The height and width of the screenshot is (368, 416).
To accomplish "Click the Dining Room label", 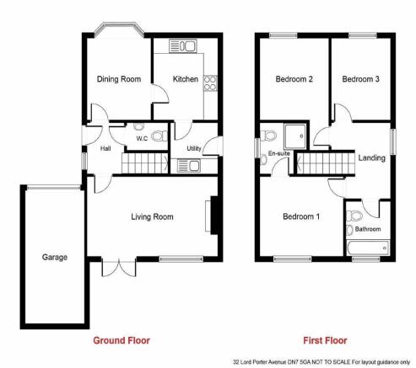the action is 119,79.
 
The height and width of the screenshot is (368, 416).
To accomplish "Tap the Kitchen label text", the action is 186,79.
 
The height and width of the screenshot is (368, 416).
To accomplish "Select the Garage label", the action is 55,257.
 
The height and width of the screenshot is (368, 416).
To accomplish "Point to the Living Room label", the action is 152,216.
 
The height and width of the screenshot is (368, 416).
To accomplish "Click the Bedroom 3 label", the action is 360,79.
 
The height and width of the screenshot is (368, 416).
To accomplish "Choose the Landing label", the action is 371,157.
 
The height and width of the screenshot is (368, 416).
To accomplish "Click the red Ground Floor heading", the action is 122,340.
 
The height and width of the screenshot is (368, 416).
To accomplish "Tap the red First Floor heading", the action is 325,340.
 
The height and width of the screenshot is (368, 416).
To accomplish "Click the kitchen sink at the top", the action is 183,46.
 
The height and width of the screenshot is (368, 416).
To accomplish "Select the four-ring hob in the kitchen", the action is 210,83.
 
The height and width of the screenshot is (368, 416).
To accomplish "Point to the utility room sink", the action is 189,165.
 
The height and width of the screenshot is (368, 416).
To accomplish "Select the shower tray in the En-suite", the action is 295,136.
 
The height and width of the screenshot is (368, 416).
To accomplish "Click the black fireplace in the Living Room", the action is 214,216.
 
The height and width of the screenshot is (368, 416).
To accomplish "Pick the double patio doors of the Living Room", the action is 119,267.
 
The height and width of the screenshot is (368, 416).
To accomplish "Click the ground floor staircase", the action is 146,163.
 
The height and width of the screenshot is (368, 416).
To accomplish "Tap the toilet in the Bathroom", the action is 354,216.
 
